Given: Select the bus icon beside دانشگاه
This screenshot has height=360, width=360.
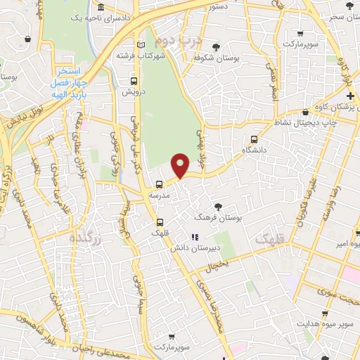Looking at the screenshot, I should [254, 140].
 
